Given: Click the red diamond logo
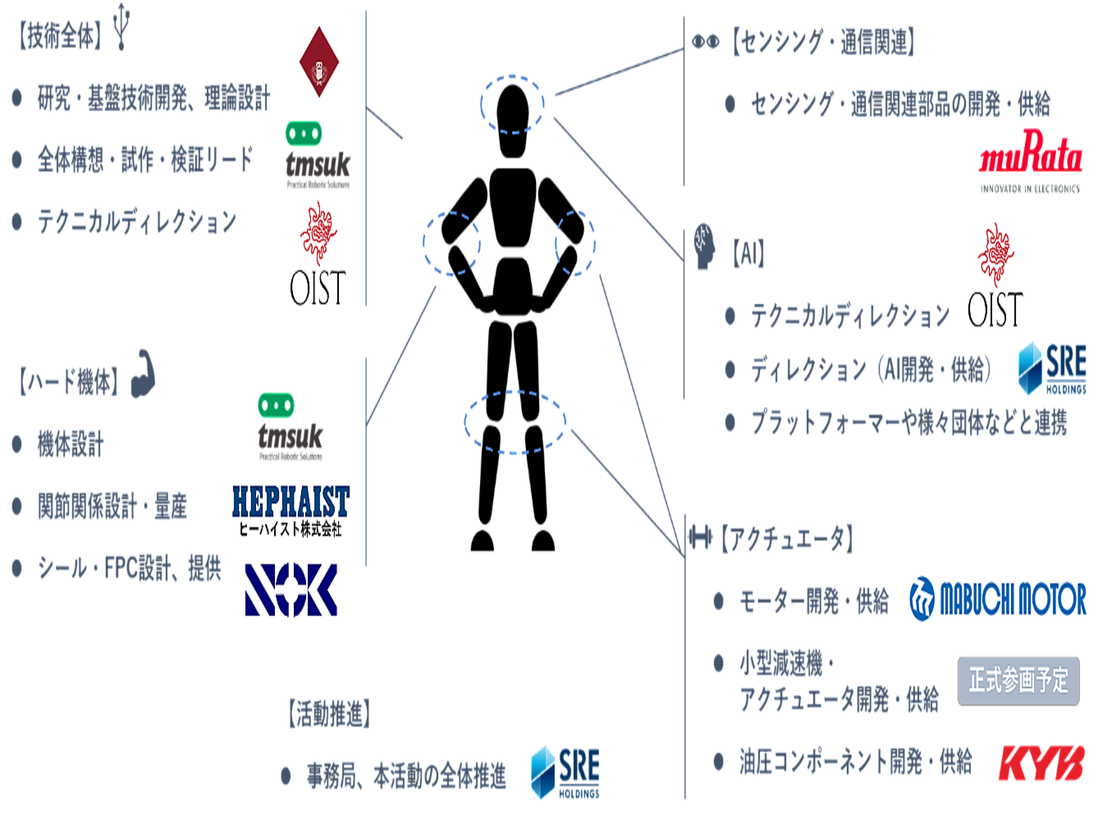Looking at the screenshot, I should click(318, 65).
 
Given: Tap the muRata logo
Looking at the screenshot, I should click(1030, 161).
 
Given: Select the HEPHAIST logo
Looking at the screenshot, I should click(291, 510).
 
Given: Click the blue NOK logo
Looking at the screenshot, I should click(291, 589).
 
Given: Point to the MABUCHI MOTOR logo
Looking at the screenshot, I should click(999, 600).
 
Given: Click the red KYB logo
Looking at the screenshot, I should click(1041, 763).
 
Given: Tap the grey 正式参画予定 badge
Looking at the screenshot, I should click(1018, 681).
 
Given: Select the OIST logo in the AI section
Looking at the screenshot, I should click(995, 275).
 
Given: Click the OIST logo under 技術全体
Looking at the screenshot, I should click(318, 253).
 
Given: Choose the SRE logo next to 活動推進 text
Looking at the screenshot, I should click(565, 771).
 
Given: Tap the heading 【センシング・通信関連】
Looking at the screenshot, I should click(821, 43).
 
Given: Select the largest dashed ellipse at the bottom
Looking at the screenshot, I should click(515, 422).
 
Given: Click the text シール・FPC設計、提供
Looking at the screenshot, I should click(130, 568).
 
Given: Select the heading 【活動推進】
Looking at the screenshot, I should click(329, 714).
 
